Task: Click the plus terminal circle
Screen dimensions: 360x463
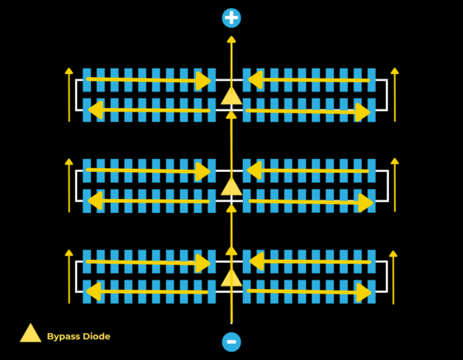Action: click(x=231, y=18)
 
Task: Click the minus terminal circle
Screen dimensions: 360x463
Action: click(x=231, y=341)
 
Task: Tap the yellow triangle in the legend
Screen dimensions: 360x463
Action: click(x=30, y=333)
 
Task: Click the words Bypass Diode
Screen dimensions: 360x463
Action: click(x=78, y=336)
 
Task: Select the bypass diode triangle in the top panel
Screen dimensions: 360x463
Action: click(x=231, y=96)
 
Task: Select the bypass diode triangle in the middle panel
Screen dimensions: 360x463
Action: click(x=231, y=186)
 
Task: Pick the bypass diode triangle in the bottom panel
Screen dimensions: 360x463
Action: click(x=231, y=277)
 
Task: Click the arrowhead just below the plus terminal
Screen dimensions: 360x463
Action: click(x=231, y=39)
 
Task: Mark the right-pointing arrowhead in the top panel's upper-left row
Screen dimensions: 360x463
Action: click(x=204, y=80)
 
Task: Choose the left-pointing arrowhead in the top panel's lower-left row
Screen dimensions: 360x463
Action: click(x=96, y=110)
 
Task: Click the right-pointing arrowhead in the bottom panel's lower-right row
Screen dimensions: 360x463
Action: click(x=364, y=293)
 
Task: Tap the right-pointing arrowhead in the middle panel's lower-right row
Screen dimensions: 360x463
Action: click(x=365, y=203)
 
